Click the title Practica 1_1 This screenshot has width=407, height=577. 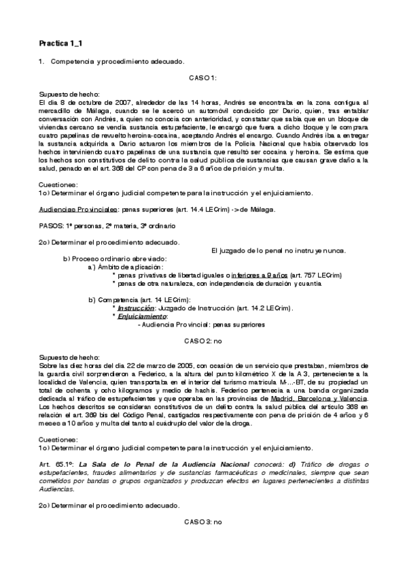(61, 44)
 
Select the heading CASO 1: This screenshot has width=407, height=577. (202, 78)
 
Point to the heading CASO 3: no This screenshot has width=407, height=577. (203, 521)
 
